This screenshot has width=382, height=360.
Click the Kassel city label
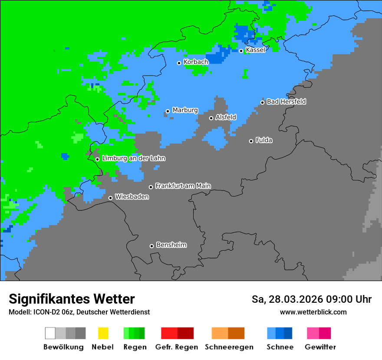(x=255, y=50)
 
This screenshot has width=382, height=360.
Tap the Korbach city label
(x=196, y=62)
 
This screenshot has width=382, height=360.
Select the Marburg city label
(x=185, y=110)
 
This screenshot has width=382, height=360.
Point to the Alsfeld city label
(x=226, y=117)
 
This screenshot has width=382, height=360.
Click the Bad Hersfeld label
(x=286, y=101)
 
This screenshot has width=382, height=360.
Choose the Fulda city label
(x=264, y=140)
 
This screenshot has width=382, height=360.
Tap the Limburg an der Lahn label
(x=134, y=158)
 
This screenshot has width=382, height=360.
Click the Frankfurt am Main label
(x=183, y=186)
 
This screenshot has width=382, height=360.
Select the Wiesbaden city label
(x=132, y=197)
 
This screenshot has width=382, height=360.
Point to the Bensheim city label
(x=171, y=245)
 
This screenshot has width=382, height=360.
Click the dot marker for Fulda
(x=251, y=141)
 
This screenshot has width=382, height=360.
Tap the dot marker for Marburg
(x=168, y=111)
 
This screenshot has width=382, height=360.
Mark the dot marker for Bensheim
(x=151, y=246)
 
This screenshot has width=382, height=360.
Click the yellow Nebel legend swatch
(x=103, y=333)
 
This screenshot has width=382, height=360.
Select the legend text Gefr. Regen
(x=177, y=347)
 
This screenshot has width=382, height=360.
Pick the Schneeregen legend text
(x=229, y=347)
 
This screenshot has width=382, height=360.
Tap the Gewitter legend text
(x=320, y=347)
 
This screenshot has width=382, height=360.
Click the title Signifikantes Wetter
(x=72, y=299)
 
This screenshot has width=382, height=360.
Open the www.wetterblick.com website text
(x=313, y=312)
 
